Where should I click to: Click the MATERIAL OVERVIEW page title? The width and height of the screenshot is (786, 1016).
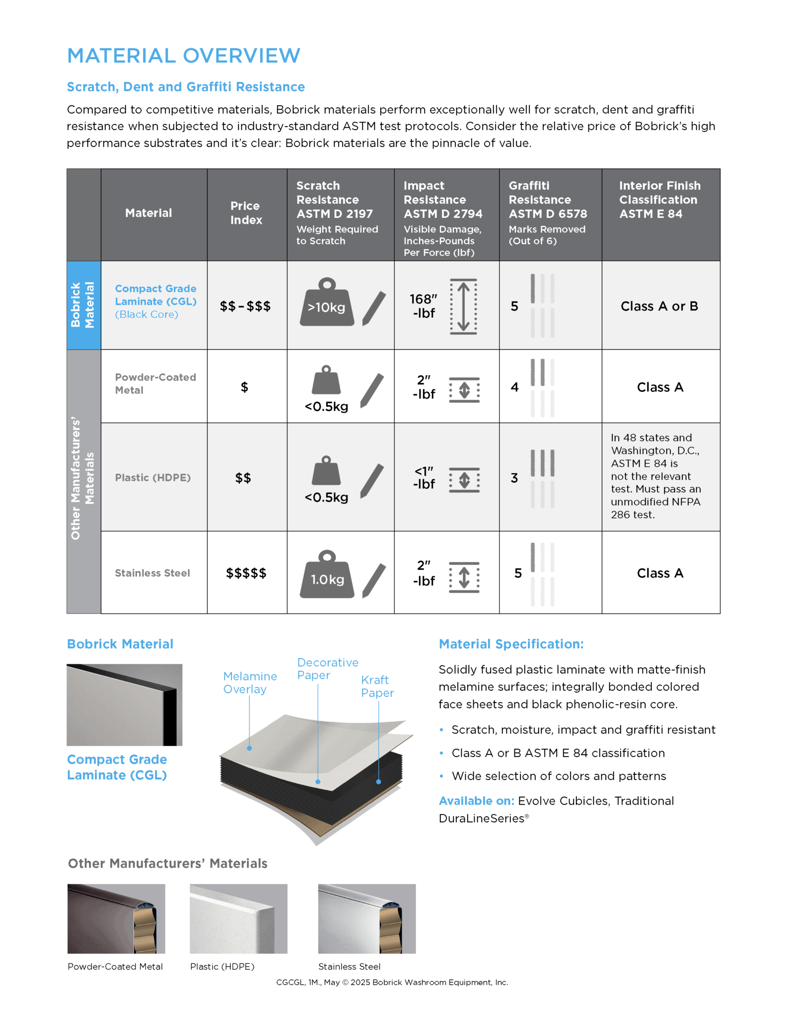click(183, 56)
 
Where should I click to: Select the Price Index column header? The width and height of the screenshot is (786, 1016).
click(246, 213)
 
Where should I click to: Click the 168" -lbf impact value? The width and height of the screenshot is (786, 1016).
click(424, 306)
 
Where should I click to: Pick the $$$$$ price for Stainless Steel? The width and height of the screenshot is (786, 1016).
click(246, 573)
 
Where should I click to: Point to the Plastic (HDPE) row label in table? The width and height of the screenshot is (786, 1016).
click(152, 478)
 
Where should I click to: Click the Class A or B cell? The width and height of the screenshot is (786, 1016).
click(659, 307)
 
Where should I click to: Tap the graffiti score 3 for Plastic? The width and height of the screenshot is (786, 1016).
click(514, 478)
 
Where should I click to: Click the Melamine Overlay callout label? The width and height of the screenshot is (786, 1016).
click(250, 683)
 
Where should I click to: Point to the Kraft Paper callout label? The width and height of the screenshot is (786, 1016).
click(377, 686)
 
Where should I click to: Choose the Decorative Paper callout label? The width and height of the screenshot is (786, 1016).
click(327, 669)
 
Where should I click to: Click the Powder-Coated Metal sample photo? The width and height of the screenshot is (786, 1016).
click(116, 918)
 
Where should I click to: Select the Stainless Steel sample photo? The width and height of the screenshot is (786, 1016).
click(366, 918)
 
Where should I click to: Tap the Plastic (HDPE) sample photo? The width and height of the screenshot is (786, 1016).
click(238, 918)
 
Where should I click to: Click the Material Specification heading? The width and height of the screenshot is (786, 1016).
click(511, 644)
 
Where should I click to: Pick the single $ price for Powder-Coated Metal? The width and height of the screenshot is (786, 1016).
click(244, 387)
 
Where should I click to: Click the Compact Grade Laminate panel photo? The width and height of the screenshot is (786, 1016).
click(124, 704)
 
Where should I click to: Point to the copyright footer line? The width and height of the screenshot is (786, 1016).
click(392, 982)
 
